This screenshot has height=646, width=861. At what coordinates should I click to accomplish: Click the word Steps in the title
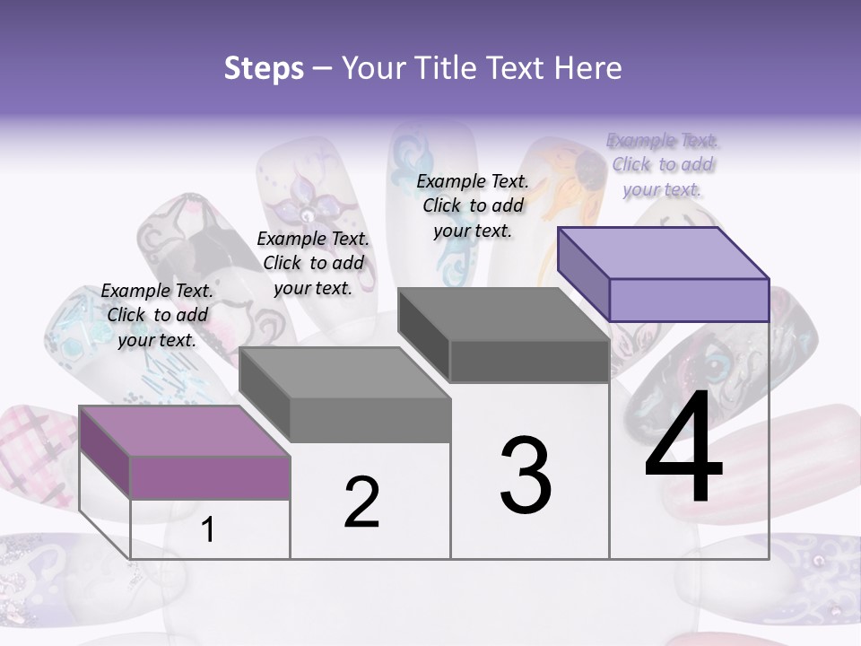pos(264,68)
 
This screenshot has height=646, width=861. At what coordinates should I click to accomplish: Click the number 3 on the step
pos(526,476)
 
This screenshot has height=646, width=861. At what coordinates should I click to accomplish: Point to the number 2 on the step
pos(361,502)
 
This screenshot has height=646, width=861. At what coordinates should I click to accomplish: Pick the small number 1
pos(208,530)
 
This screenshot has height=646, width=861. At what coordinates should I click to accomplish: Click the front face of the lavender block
pos(689,300)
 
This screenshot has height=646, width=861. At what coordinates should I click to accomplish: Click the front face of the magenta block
pos(210,476)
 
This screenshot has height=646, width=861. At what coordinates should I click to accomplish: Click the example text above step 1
pos(157,315)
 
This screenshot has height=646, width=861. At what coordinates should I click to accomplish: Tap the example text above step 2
pos(313,263)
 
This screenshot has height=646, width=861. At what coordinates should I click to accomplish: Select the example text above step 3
pos(473,205)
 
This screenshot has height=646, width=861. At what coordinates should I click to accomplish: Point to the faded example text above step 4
pos(663,164)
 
